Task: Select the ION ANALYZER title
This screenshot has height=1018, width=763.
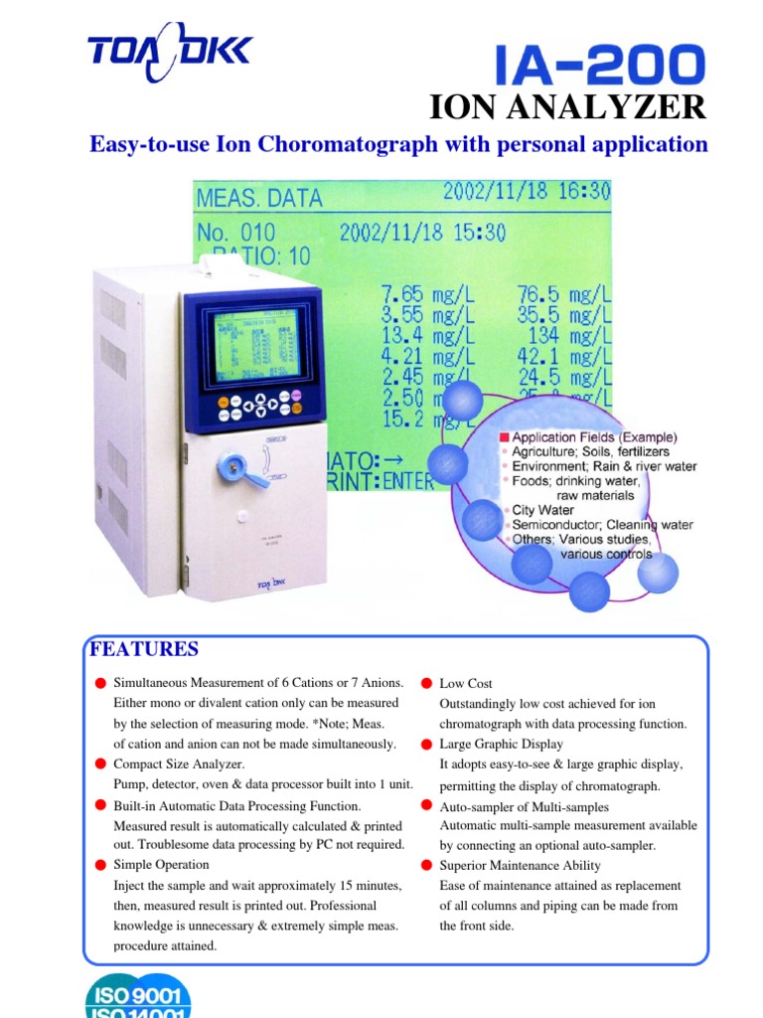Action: pos(567,107)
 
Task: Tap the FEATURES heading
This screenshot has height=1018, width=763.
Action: pos(144,650)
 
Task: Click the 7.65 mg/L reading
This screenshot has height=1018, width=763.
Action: pos(428,295)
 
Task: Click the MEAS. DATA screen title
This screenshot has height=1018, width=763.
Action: pos(259,197)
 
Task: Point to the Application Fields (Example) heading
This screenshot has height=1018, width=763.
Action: pos(594,436)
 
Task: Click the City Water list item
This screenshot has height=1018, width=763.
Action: pos(542,510)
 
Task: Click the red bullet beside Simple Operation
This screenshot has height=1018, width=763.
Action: pos(100,865)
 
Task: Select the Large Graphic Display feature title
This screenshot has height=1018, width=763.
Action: pos(501,744)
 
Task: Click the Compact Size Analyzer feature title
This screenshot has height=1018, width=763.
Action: pos(178,763)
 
